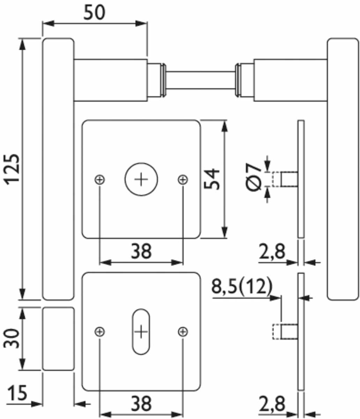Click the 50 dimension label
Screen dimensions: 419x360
(94, 13)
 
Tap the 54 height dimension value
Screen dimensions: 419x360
(212, 179)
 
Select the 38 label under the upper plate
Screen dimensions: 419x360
(141, 251)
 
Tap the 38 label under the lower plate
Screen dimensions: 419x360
(141, 404)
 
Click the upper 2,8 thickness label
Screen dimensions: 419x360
(272, 251)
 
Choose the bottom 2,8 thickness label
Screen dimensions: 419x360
(272, 404)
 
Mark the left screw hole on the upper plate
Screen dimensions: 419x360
(100, 179)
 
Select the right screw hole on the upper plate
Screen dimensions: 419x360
(183, 179)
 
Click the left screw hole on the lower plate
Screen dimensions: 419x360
(100, 331)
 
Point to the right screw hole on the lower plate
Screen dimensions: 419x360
(183, 331)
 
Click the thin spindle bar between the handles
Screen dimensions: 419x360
(201, 81)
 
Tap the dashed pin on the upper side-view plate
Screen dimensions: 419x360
(277, 179)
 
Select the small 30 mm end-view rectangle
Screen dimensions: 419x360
(58, 338)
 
